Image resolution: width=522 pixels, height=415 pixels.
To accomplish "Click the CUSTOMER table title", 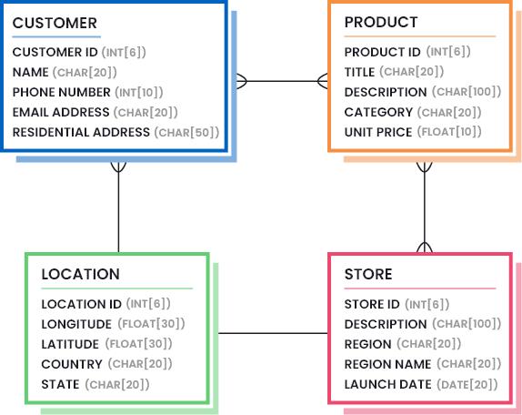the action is click(55, 23).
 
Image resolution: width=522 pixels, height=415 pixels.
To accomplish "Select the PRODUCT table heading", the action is click(381, 23).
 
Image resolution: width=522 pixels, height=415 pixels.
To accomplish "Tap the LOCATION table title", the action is click(81, 274).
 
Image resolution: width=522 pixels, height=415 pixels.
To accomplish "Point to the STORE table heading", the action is click(368, 274).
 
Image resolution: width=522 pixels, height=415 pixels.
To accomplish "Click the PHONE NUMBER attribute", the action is click(62, 92).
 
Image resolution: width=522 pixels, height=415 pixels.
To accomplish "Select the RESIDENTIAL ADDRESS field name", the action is click(81, 132).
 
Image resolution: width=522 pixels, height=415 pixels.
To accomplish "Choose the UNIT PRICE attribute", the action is click(378, 132).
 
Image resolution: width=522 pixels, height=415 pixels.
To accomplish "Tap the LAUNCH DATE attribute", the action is click(387, 384).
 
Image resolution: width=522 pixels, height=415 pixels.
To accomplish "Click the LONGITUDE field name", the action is click(76, 324).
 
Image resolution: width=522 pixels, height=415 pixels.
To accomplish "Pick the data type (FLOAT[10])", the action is click(449, 132).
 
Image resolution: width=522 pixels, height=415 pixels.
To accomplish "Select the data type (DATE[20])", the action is click(467, 384).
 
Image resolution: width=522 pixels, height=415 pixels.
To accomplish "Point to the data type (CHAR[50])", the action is click(186, 132).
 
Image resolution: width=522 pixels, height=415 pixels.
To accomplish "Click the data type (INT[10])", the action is click(139, 92).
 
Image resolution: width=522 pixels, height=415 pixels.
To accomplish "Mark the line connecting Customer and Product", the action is click(282, 81).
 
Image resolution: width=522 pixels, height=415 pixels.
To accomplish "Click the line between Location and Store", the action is click(273, 333).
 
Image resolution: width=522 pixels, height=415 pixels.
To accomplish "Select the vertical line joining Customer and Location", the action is click(118, 207).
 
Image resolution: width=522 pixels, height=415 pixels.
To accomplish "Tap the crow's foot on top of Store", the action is click(425, 247).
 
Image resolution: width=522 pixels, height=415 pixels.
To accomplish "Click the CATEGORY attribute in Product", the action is click(378, 112).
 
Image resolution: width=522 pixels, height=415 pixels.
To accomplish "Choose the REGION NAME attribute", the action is click(387, 364).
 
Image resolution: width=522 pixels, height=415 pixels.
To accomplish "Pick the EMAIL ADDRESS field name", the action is click(61, 112).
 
